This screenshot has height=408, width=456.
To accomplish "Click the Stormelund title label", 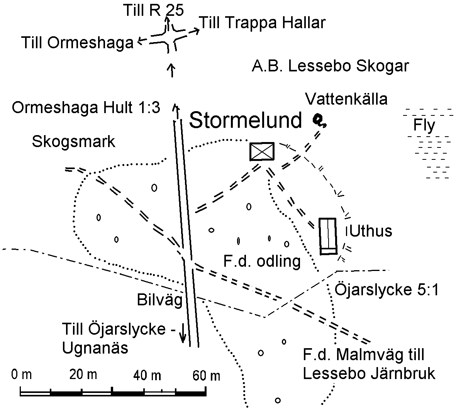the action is [246, 120].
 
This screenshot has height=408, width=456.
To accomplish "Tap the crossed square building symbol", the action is [262, 152].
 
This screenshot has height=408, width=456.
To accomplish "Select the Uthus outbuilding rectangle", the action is [328, 236].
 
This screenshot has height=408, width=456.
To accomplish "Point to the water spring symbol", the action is [319, 121].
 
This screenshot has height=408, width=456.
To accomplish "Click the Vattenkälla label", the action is [346, 99].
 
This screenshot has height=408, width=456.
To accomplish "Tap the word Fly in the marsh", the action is [424, 125].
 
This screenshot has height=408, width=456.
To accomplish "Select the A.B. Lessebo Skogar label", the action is [331, 66].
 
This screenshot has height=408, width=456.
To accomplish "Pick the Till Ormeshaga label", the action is [77, 43].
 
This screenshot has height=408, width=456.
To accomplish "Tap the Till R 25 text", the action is [154, 10].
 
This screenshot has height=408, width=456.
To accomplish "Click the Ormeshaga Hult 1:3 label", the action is [86, 108].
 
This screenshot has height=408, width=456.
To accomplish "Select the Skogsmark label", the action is [74, 142].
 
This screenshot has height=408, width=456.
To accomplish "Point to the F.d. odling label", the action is [262, 261].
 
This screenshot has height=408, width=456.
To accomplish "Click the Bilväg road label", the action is [160, 300].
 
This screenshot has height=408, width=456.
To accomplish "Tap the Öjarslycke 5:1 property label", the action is [386, 289].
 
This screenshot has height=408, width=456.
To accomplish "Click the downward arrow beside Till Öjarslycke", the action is [182, 333].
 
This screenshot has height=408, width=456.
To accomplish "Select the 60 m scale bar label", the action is [206, 376].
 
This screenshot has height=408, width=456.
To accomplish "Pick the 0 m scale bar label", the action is [21, 374].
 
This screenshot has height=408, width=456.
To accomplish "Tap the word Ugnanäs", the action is [95, 348].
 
